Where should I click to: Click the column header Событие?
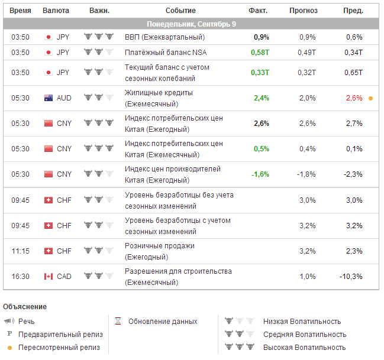pyautogui.click(x=180, y=11)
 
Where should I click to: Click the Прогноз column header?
pyautogui.click(x=304, y=11)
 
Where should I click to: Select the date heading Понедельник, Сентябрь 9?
pyautogui.click(x=192, y=24)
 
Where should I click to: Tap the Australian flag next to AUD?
pyautogui.click(x=49, y=98)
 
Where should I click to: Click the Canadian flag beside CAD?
pyautogui.click(x=49, y=277)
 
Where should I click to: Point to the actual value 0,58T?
pyautogui.click(x=260, y=53)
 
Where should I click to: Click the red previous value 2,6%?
pyautogui.click(x=354, y=98)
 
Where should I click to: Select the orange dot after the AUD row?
pyautogui.click(x=370, y=98)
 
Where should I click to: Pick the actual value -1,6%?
pyautogui.click(x=260, y=174)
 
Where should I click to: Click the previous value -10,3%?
pyautogui.click(x=351, y=277)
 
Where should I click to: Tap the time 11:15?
pyautogui.click(x=20, y=251)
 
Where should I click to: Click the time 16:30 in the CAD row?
pyautogui.click(x=20, y=277)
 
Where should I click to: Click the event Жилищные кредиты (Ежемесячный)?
pyautogui.click(x=159, y=98)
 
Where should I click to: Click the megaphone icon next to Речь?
pyautogui.click(x=9, y=322)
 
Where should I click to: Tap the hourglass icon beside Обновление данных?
pyautogui.click(x=118, y=322)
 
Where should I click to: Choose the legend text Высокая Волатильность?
pyautogui.click(x=304, y=348)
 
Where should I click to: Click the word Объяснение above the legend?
pyautogui.click(x=25, y=307)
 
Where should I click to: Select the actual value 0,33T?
pyautogui.click(x=260, y=73)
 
